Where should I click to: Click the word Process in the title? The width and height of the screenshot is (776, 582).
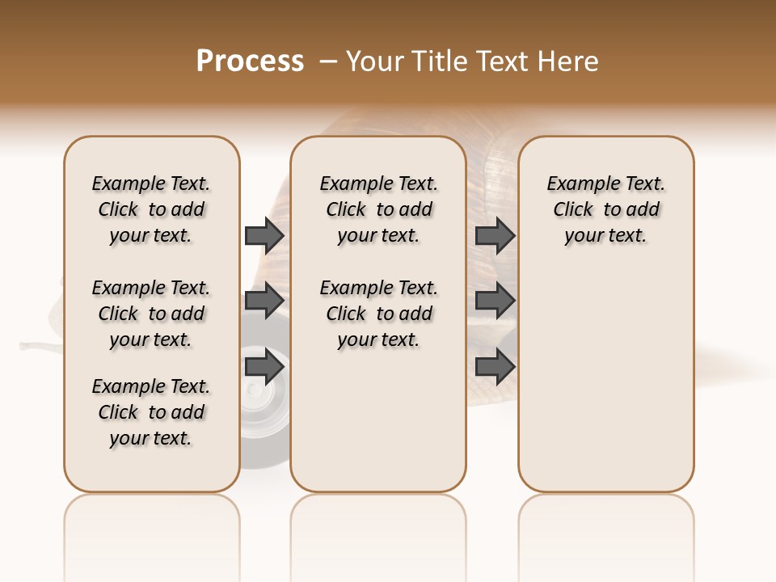pyautogui.click(x=250, y=61)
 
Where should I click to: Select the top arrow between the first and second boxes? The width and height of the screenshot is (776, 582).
pyautogui.click(x=264, y=236)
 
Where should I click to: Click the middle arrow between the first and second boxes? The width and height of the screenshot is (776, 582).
pyautogui.click(x=264, y=301)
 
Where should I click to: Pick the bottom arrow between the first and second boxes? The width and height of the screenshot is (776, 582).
pyautogui.click(x=264, y=367)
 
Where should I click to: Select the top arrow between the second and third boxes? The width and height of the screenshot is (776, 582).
pyautogui.click(x=495, y=236)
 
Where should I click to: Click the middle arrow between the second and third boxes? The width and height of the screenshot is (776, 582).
pyautogui.click(x=495, y=301)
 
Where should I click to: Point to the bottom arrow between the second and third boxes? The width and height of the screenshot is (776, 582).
pyautogui.click(x=495, y=367)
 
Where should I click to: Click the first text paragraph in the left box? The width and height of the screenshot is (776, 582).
pyautogui.click(x=151, y=209)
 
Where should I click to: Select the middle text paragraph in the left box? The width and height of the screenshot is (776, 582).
pyautogui.click(x=151, y=314)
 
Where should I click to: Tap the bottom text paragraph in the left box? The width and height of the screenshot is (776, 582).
pyautogui.click(x=151, y=412)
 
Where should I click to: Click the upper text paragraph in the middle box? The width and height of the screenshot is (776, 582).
pyautogui.click(x=378, y=209)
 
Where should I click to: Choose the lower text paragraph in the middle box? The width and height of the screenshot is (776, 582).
pyautogui.click(x=378, y=314)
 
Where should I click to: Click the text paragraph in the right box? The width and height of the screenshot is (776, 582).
pyautogui.click(x=605, y=209)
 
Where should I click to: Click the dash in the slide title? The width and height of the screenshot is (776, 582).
pyautogui.click(x=327, y=62)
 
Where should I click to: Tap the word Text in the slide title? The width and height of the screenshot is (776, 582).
pyautogui.click(x=501, y=61)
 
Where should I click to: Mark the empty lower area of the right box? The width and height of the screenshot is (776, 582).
pyautogui.click(x=605, y=380)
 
